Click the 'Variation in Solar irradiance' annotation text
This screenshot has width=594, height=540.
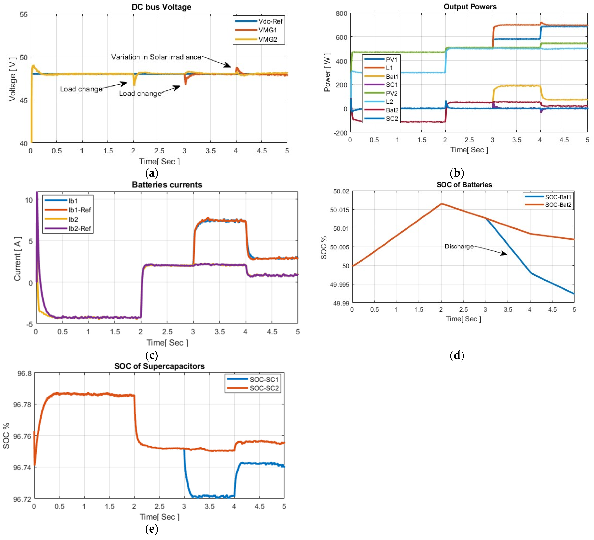156,57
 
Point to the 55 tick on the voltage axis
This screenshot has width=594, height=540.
24,14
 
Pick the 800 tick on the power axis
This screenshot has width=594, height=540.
341,14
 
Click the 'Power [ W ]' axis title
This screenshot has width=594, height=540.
327,73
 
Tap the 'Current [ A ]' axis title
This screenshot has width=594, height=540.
17,258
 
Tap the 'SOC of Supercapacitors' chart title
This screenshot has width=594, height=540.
159,366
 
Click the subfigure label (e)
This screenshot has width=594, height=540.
152,529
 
